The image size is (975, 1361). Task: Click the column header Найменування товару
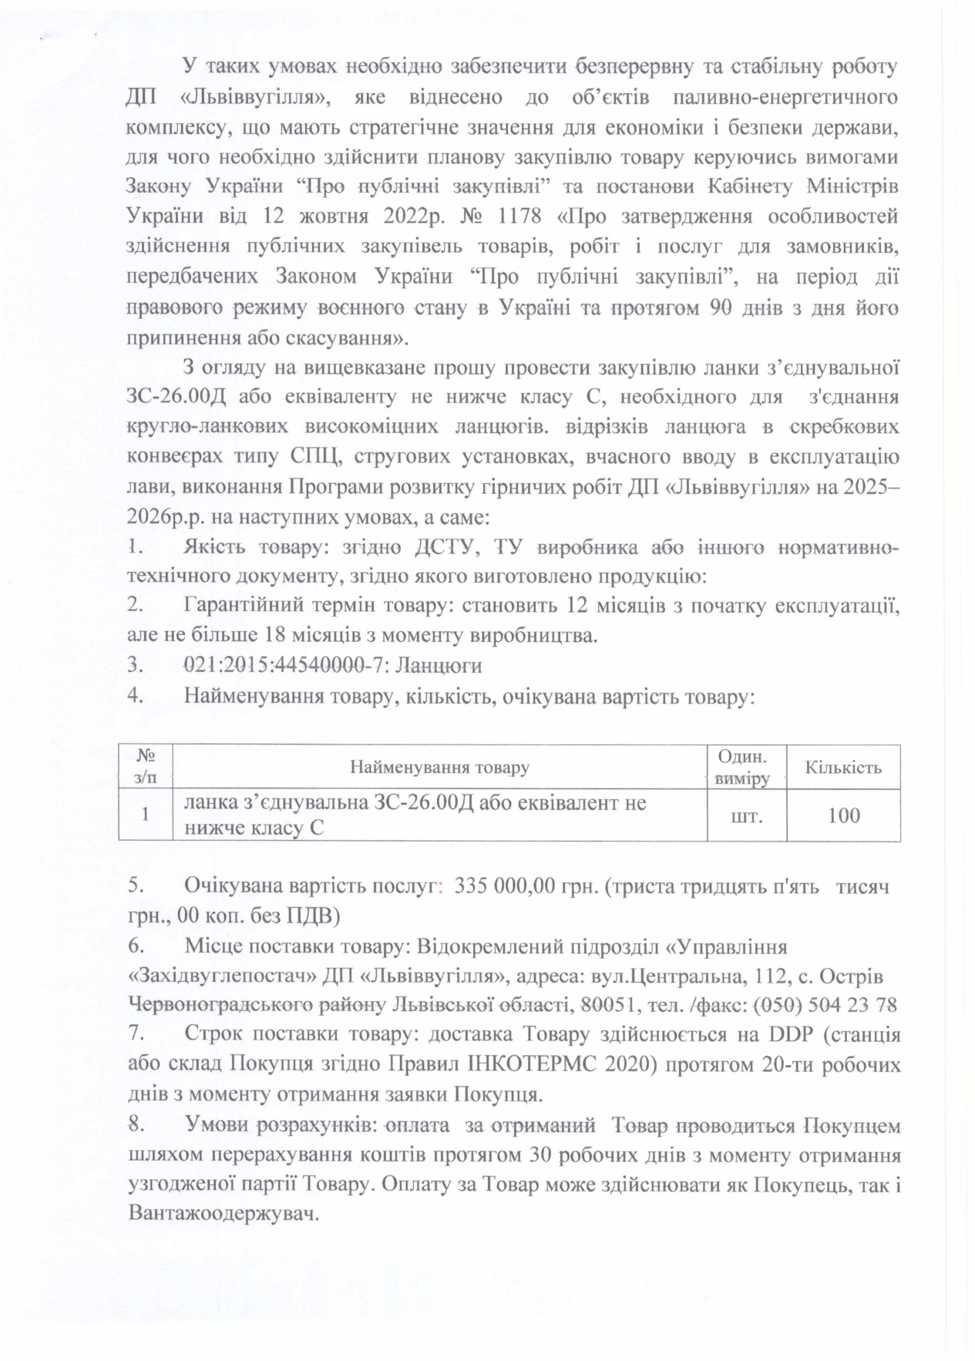point(439,767)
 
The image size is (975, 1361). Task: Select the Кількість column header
point(842,767)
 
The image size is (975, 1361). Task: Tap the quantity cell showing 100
point(843,815)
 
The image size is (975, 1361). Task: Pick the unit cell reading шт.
point(746,815)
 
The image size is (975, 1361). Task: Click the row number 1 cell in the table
point(145,815)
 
